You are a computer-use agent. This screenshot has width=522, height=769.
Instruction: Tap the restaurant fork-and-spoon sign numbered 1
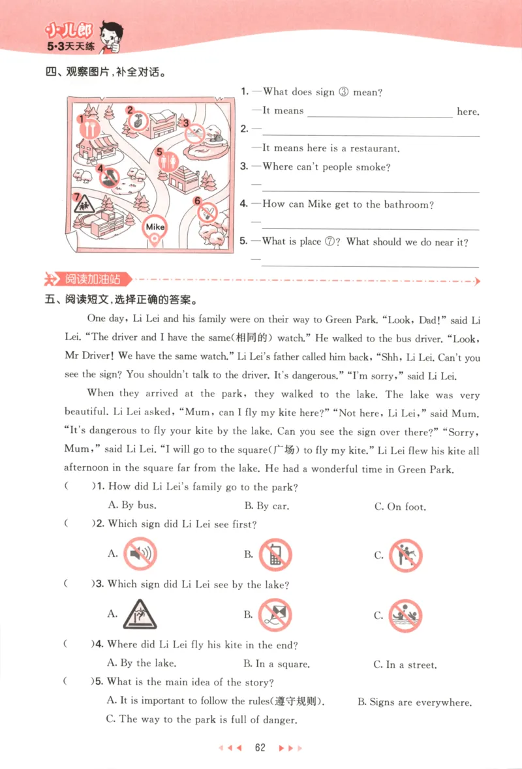[x=87, y=128]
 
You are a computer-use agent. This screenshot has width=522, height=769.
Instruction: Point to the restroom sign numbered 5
[x=168, y=160]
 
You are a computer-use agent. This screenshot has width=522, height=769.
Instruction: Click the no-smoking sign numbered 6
[x=207, y=212]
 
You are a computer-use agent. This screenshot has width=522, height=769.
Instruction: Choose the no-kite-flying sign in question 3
[x=274, y=614]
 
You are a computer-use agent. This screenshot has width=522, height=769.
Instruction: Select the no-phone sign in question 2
[x=275, y=555]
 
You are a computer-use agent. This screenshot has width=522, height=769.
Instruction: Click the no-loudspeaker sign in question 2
[x=140, y=554]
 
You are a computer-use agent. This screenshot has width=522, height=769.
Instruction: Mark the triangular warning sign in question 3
[x=140, y=614]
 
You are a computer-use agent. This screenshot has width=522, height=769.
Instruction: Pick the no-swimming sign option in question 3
[x=405, y=615]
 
